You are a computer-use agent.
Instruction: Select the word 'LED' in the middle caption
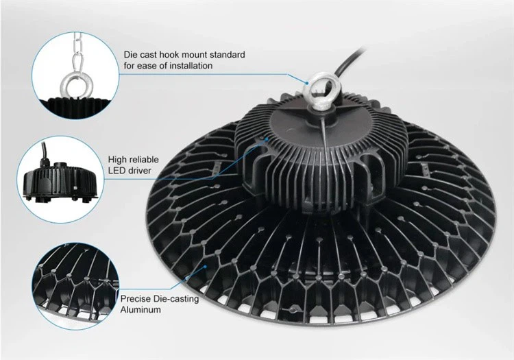pos(116,171)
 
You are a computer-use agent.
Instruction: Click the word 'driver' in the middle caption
pos(138,171)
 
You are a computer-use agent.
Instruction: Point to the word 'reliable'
pos(143,160)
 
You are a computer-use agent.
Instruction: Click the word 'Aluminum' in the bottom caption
pos(140,309)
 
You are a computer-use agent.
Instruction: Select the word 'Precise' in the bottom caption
pos(136,299)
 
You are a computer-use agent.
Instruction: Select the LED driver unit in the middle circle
pos(61,180)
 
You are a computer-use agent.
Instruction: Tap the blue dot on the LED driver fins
pos(267,139)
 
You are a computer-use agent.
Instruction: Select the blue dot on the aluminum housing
pos(206,266)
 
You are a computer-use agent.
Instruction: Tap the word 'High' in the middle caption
pos(117,160)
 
